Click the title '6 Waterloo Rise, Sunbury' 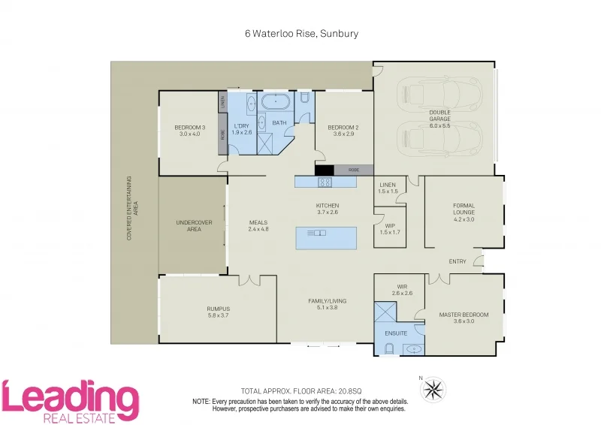click(x=300, y=34)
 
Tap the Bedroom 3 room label click(x=189, y=131)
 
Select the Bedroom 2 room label click(x=343, y=131)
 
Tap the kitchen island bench click(x=327, y=237)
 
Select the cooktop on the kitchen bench click(x=325, y=182)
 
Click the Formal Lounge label click(x=464, y=209)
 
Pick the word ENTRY click(x=457, y=261)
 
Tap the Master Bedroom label click(x=464, y=318)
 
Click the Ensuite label click(x=396, y=333)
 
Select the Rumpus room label click(x=218, y=312)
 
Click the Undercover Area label click(x=193, y=226)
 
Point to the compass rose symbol click(x=432, y=389)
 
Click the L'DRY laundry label click(x=241, y=129)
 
